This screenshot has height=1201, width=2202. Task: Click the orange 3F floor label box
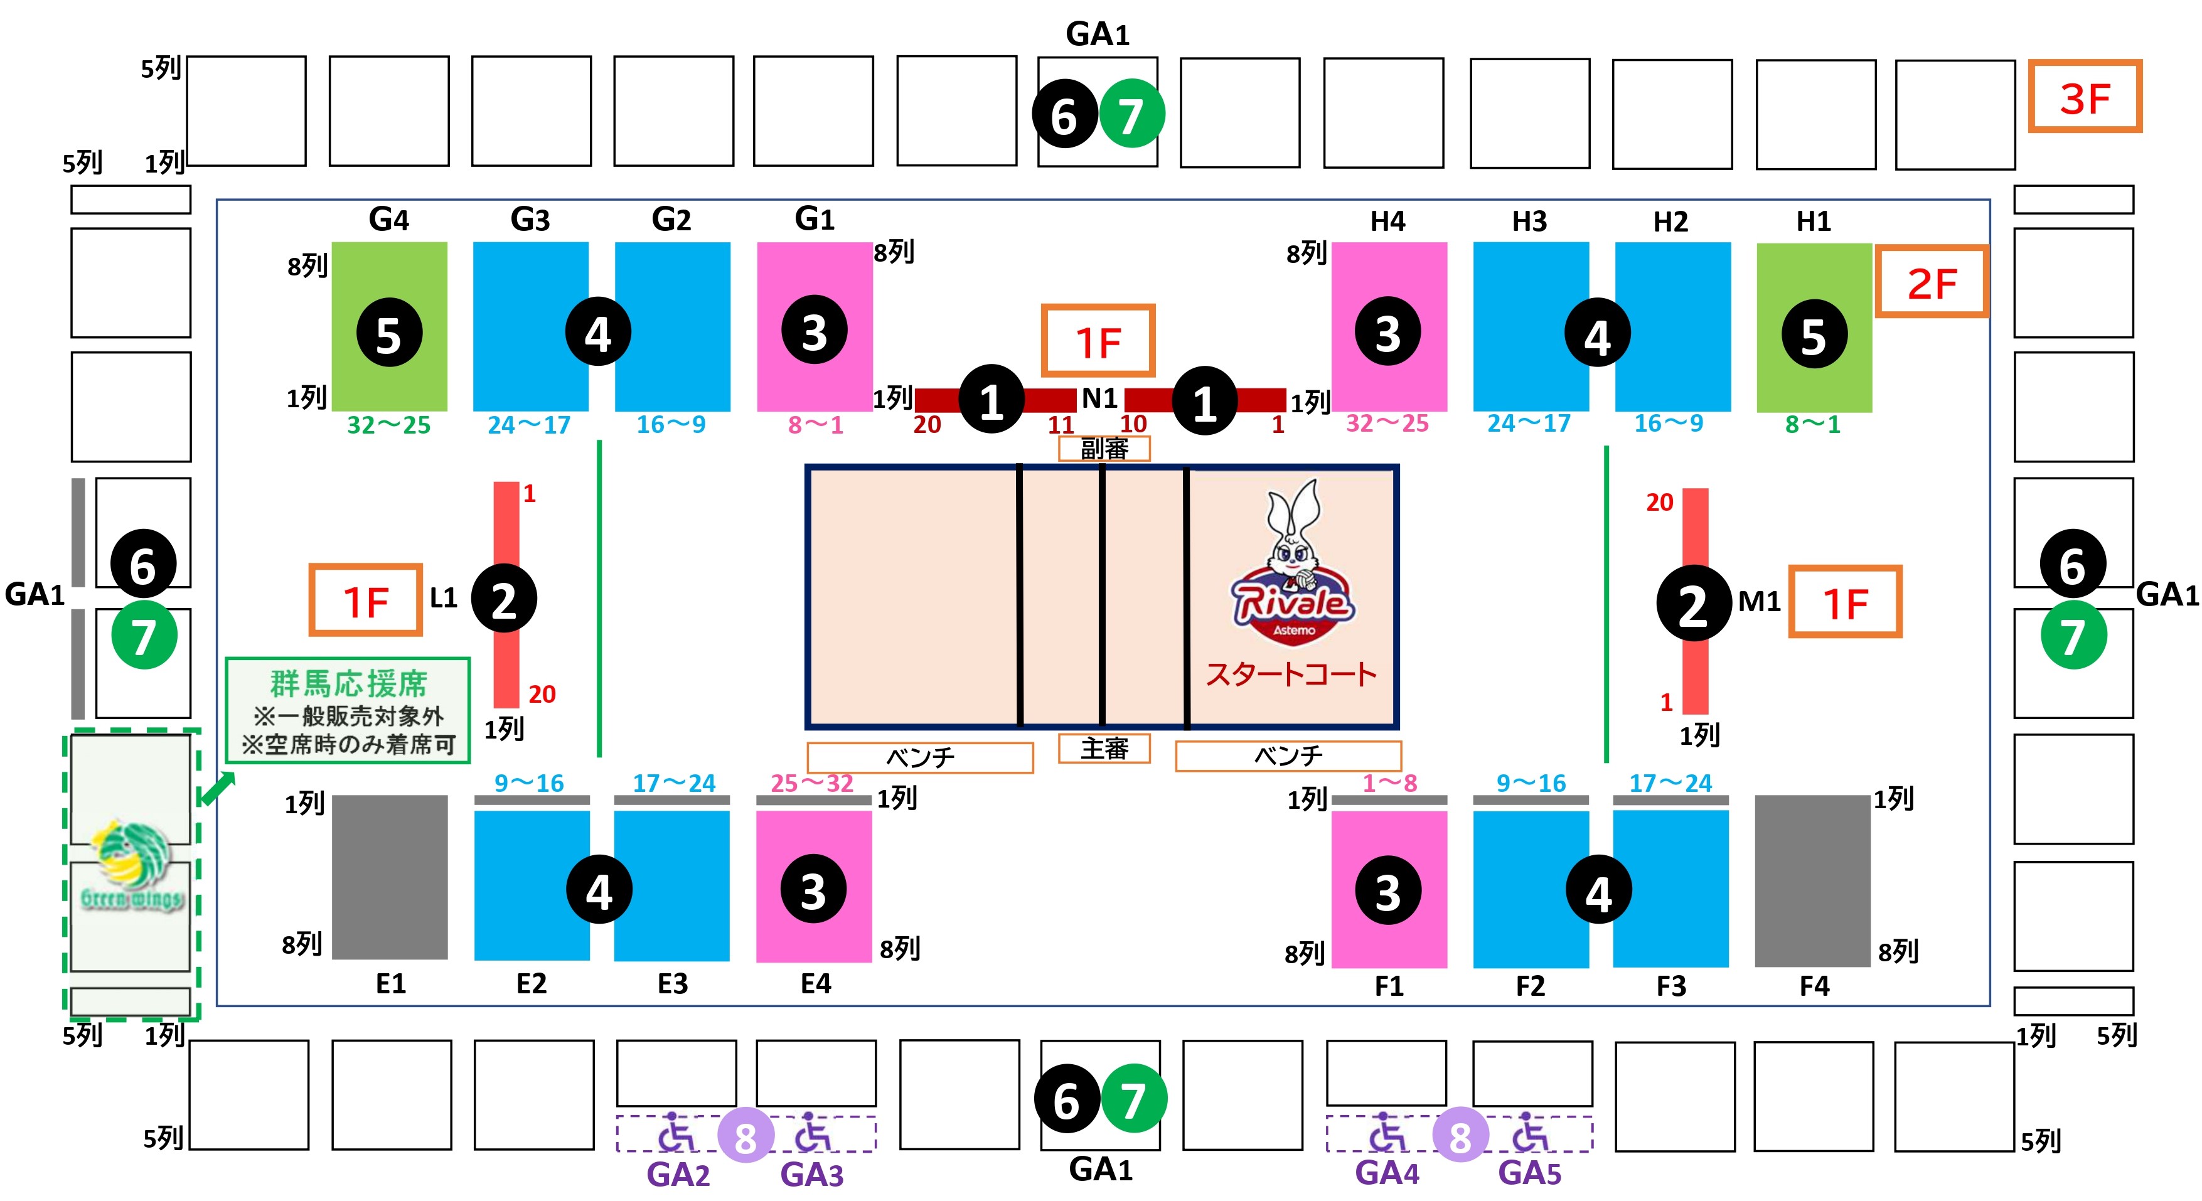(2084, 97)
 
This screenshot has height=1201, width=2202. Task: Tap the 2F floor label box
(1931, 282)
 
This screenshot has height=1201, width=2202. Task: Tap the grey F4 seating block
(1812, 880)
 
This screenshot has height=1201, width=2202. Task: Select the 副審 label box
(1104, 449)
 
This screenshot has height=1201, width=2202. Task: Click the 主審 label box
(1104, 749)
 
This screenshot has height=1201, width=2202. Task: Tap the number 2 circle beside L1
(505, 599)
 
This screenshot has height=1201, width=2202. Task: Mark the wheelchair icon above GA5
(1529, 1133)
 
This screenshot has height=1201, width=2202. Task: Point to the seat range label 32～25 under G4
(389, 425)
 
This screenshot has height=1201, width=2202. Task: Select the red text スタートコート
(1291, 675)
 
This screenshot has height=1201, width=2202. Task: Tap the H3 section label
(1529, 222)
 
